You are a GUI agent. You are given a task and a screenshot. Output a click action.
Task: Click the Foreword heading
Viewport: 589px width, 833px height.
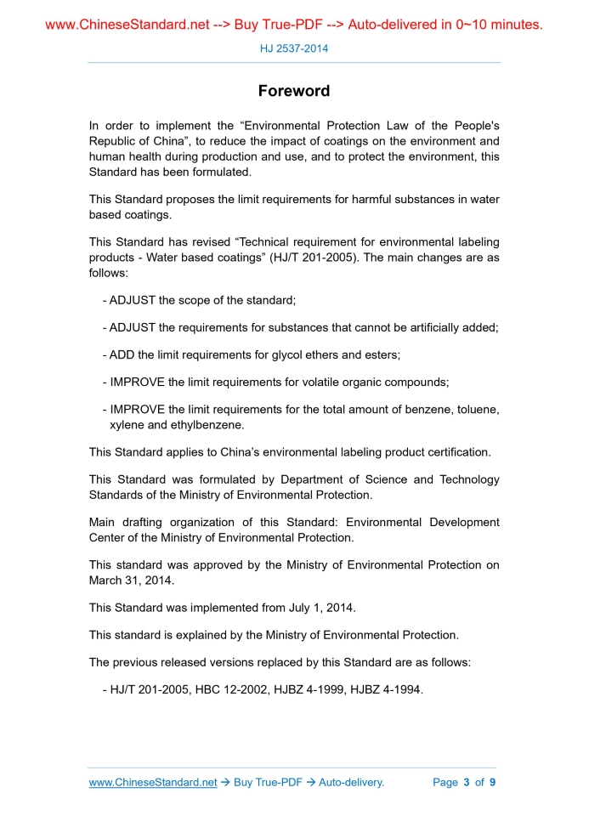(294, 91)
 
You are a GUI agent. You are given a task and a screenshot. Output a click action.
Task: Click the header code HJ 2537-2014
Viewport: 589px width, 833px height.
(294, 48)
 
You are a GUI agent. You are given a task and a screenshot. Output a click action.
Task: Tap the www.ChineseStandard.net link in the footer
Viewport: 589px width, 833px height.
(153, 782)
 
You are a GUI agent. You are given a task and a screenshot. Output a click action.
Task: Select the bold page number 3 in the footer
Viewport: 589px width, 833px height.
(467, 782)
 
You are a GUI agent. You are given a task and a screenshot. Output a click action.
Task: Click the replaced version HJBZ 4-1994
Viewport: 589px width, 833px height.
(388, 689)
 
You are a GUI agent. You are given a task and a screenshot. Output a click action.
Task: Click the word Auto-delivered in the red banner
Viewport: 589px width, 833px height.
(391, 25)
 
